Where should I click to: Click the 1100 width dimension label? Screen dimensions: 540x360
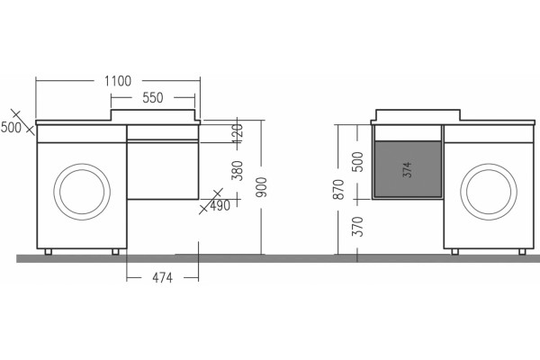coord(118,81)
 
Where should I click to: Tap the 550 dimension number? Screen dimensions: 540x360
coord(153,98)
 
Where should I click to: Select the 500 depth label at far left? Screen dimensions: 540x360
coord(11,128)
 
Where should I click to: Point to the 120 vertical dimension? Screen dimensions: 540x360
coord(238,130)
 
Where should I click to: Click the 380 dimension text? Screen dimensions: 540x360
coord(238,170)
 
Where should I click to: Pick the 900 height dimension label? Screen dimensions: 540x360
coord(261,187)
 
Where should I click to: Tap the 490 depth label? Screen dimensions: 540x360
coord(220,206)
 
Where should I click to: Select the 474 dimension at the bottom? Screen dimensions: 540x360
coord(162,278)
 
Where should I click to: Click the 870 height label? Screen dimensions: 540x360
coord(338,189)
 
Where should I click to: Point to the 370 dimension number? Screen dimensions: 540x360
coord(358,226)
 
